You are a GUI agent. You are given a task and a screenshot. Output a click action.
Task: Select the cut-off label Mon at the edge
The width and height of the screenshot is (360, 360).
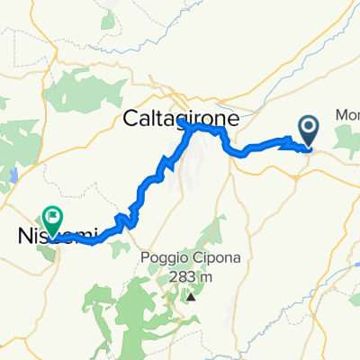coord(346,115)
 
